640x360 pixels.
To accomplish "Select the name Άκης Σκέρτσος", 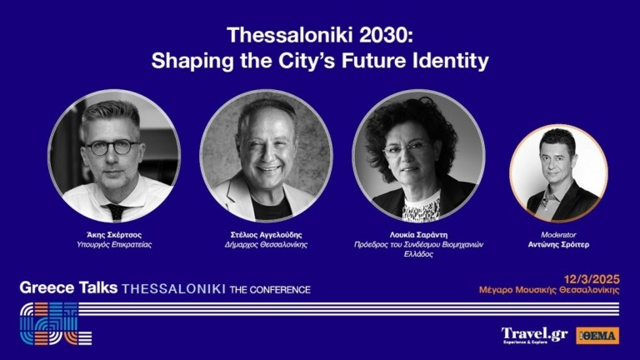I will [x=114, y=234].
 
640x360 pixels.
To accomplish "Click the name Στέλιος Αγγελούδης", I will [x=266, y=234].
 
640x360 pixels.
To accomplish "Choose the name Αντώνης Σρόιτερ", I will [x=557, y=246].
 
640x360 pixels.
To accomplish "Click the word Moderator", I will [x=557, y=235].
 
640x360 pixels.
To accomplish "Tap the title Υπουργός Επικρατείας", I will [x=114, y=245].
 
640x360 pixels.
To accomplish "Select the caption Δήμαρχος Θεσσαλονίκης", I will [x=266, y=245].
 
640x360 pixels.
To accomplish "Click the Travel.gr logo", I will [x=534, y=335].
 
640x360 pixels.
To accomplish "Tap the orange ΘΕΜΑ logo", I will [x=597, y=335].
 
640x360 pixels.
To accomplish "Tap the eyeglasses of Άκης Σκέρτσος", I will [x=112, y=147].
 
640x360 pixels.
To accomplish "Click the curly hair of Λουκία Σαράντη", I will [x=417, y=117].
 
